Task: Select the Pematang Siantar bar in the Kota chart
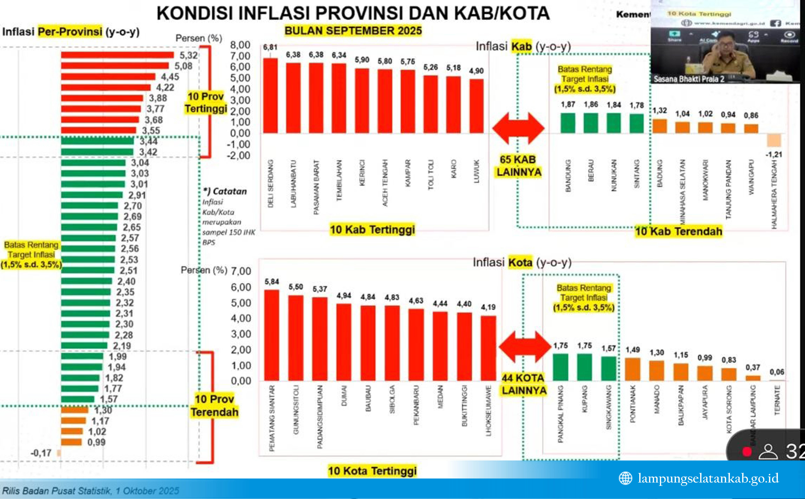pos(272,335)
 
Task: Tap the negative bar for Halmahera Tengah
pos(774,140)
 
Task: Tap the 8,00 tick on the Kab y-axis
pos(240,45)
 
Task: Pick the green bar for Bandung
pos(568,123)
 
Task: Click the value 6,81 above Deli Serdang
pos(270,47)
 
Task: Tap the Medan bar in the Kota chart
pos(440,346)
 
